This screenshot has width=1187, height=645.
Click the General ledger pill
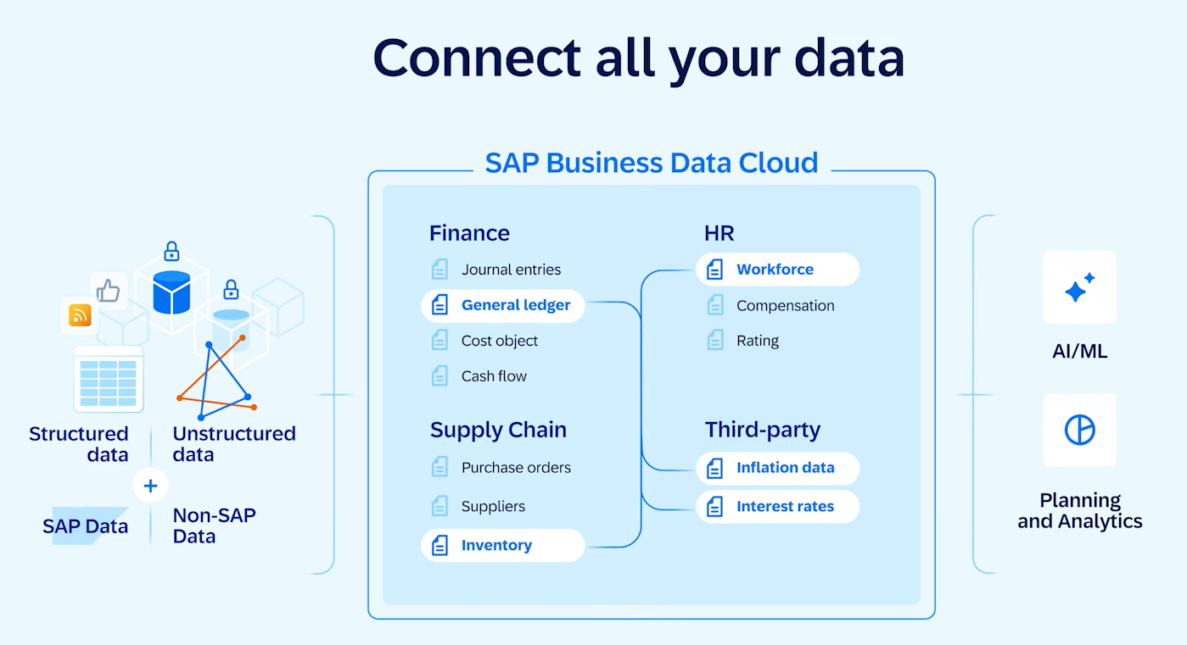coord(503,305)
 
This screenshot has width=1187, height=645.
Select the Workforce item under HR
coord(777,270)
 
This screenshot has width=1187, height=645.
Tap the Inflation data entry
coord(777,468)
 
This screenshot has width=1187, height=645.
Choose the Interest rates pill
coord(777,507)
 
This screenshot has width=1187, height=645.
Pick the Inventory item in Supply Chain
coord(503,546)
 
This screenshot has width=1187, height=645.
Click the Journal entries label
coord(511,270)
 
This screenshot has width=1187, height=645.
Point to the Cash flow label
coord(494,376)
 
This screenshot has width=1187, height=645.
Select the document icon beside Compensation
coord(715,306)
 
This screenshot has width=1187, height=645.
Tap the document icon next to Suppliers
coord(440,506)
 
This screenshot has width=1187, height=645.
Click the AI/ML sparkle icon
coord(1079,287)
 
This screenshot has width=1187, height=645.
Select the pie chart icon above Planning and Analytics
coord(1079,430)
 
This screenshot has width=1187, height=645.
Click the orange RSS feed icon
coord(80,315)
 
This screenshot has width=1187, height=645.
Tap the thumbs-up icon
coord(109,290)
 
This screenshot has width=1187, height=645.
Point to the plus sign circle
coord(150,486)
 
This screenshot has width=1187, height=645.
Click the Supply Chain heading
coord(498,430)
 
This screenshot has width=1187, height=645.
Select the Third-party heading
coord(763,430)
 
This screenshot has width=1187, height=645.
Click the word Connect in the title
coord(477,58)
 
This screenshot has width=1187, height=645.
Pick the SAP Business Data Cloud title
coord(652,163)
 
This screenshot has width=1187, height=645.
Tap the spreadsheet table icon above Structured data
coord(109,379)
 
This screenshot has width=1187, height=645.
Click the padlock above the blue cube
coord(171,251)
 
